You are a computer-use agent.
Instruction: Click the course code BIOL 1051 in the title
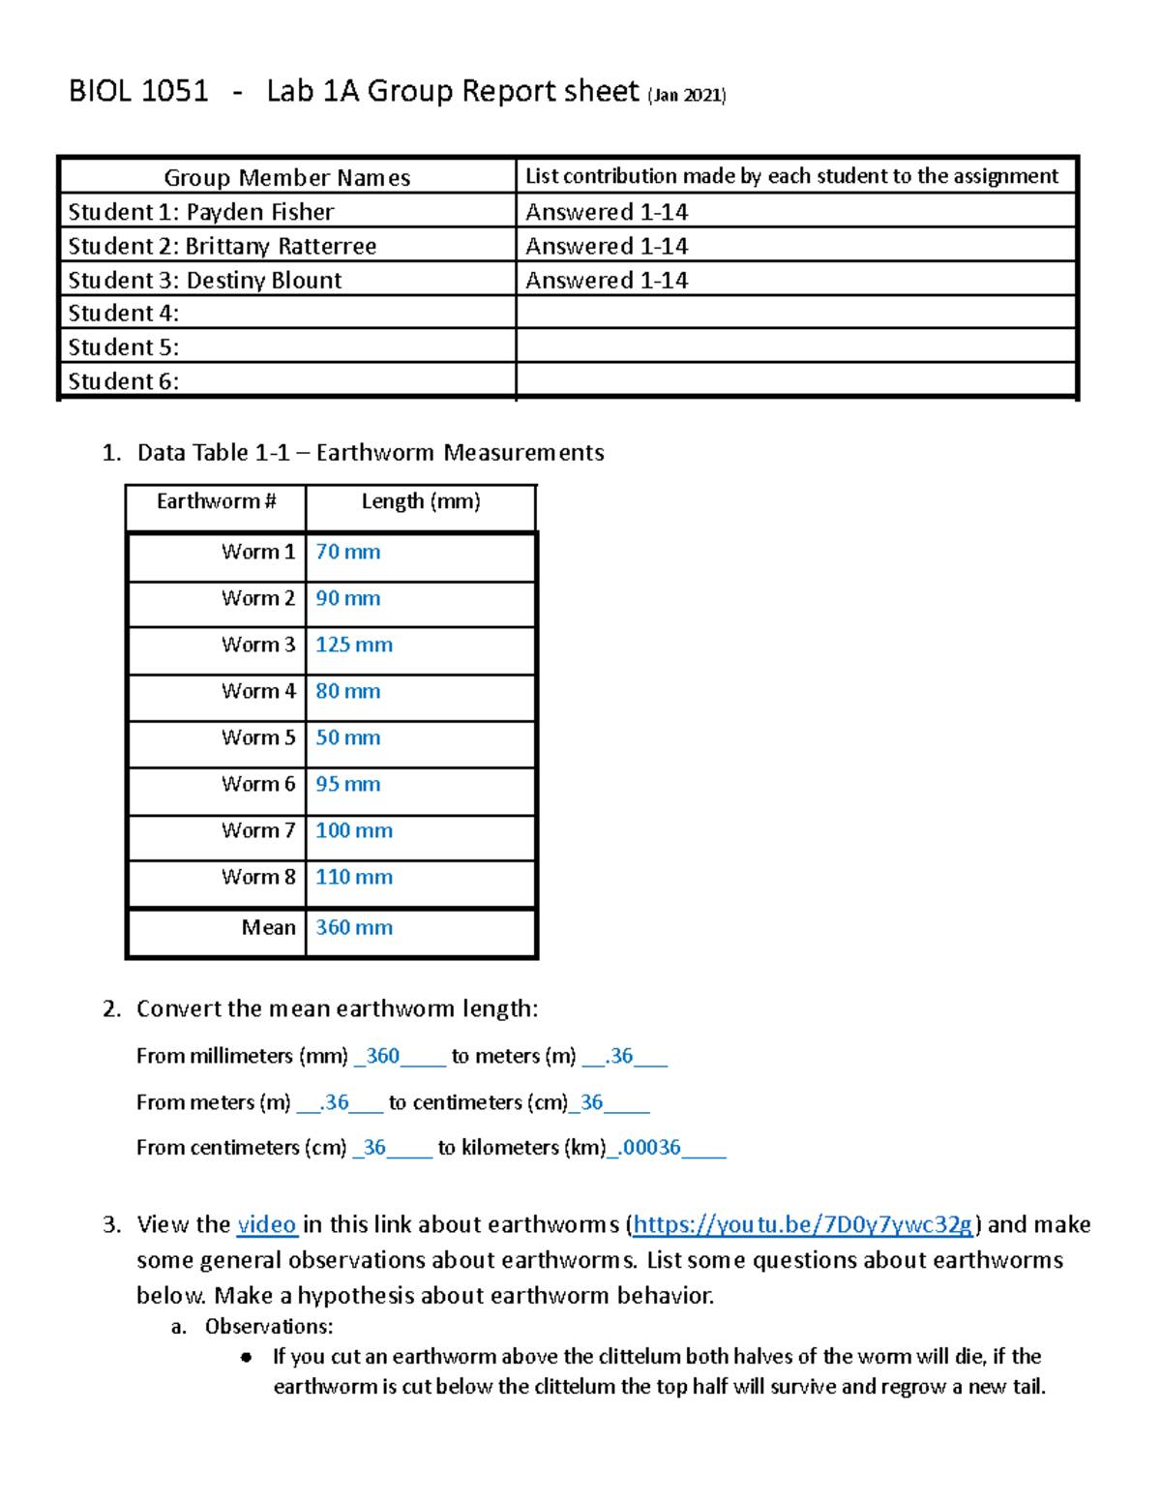coord(138,91)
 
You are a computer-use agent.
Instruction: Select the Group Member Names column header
coord(286,177)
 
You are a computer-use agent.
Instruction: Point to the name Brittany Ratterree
coord(281,246)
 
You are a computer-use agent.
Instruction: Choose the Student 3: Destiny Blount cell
coord(205,280)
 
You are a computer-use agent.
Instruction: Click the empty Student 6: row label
coord(123,381)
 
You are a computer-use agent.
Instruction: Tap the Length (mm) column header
coord(421,501)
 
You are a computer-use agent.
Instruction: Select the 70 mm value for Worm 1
coord(347,552)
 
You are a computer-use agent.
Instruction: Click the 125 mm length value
coord(353,645)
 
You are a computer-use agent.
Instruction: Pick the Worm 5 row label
coord(258,737)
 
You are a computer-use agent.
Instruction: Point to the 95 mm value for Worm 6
coord(347,784)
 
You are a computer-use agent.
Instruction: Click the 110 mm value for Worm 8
coord(353,877)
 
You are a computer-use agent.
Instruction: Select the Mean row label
coord(268,927)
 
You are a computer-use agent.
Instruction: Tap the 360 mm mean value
coord(353,927)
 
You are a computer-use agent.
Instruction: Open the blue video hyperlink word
coord(266,1224)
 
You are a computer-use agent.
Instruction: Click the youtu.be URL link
coord(802,1224)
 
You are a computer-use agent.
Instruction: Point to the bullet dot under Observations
coord(247,1357)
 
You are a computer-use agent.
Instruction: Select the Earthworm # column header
coord(216,501)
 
